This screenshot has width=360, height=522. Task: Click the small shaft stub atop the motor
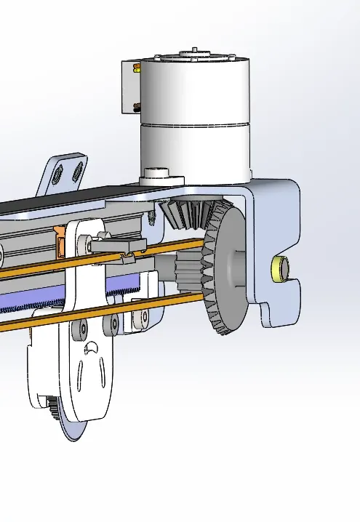194,51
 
